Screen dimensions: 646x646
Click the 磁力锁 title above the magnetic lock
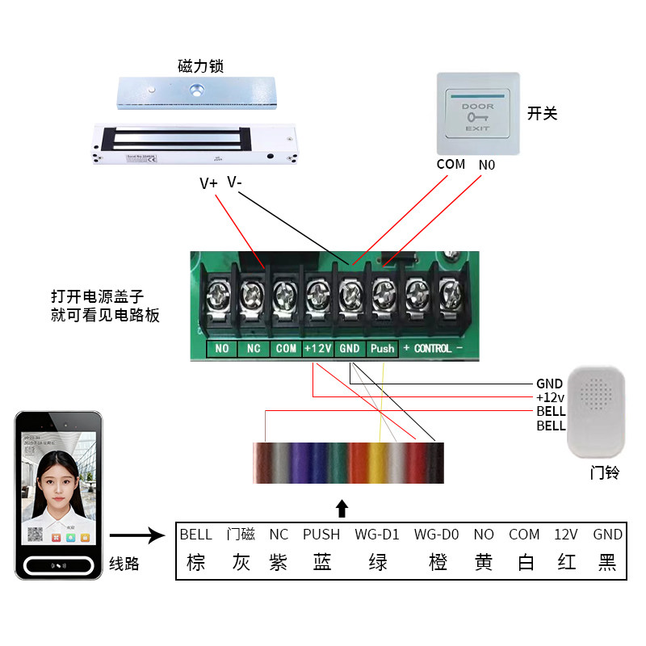coord(200,65)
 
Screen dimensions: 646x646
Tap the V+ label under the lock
coord(208,183)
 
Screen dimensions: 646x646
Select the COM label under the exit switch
coord(451,164)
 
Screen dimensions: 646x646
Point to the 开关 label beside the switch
coord(543,113)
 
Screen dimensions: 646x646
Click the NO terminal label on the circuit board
coord(221,349)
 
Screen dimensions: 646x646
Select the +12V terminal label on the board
coord(317,349)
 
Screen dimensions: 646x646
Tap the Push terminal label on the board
coord(383,349)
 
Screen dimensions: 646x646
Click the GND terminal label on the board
coord(350,349)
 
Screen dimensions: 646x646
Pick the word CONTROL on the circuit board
coord(433,349)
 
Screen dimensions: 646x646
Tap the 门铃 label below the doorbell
coord(604,473)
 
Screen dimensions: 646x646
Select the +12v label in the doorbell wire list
coord(551,398)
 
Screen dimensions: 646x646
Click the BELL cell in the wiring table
coord(195,535)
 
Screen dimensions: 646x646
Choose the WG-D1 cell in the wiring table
coord(377,535)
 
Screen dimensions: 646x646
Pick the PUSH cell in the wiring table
coord(321,535)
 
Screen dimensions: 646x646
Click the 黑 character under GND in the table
coord(607,562)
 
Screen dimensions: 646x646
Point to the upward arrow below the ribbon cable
coord(342,508)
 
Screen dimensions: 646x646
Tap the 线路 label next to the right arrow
coord(124,564)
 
